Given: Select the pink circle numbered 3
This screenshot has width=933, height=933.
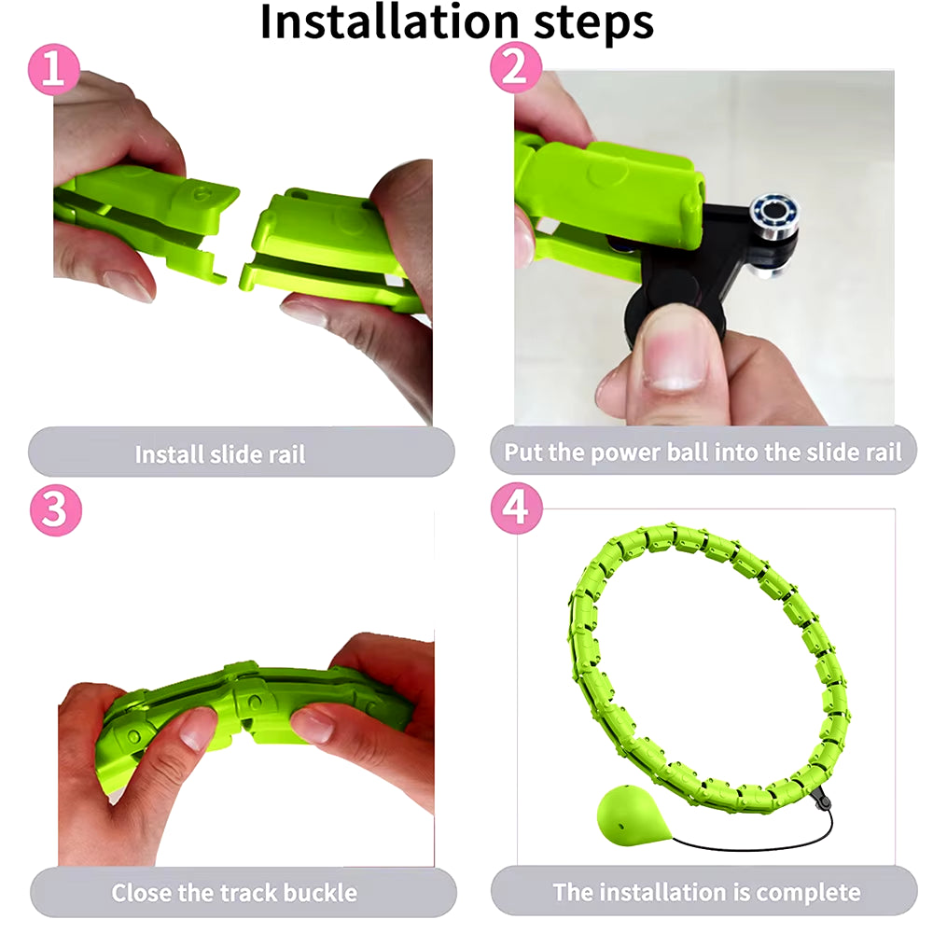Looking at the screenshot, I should point(55,510).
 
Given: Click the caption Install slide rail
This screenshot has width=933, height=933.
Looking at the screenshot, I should point(220,454).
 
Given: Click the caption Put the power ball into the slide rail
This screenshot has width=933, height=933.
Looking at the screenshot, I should point(703,453).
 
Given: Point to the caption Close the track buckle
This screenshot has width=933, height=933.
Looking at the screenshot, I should point(234,892).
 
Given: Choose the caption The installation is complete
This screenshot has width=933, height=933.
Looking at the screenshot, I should point(706,891).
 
